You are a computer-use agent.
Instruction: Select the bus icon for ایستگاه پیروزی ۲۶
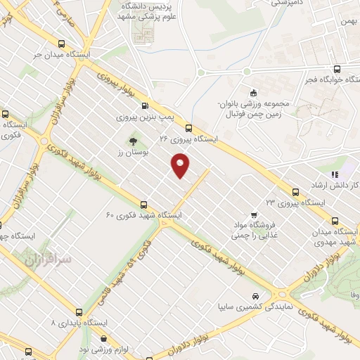point(188,128)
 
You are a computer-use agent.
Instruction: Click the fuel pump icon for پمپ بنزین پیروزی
point(145,105)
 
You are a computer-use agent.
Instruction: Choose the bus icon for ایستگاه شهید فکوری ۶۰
point(144,204)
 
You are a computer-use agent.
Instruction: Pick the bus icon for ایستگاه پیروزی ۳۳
point(295,191)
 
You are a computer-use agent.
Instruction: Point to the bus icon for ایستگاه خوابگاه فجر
point(337,69)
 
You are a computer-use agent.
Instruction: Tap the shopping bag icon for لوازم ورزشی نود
point(103,339)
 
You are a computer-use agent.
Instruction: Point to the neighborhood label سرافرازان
point(47,260)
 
